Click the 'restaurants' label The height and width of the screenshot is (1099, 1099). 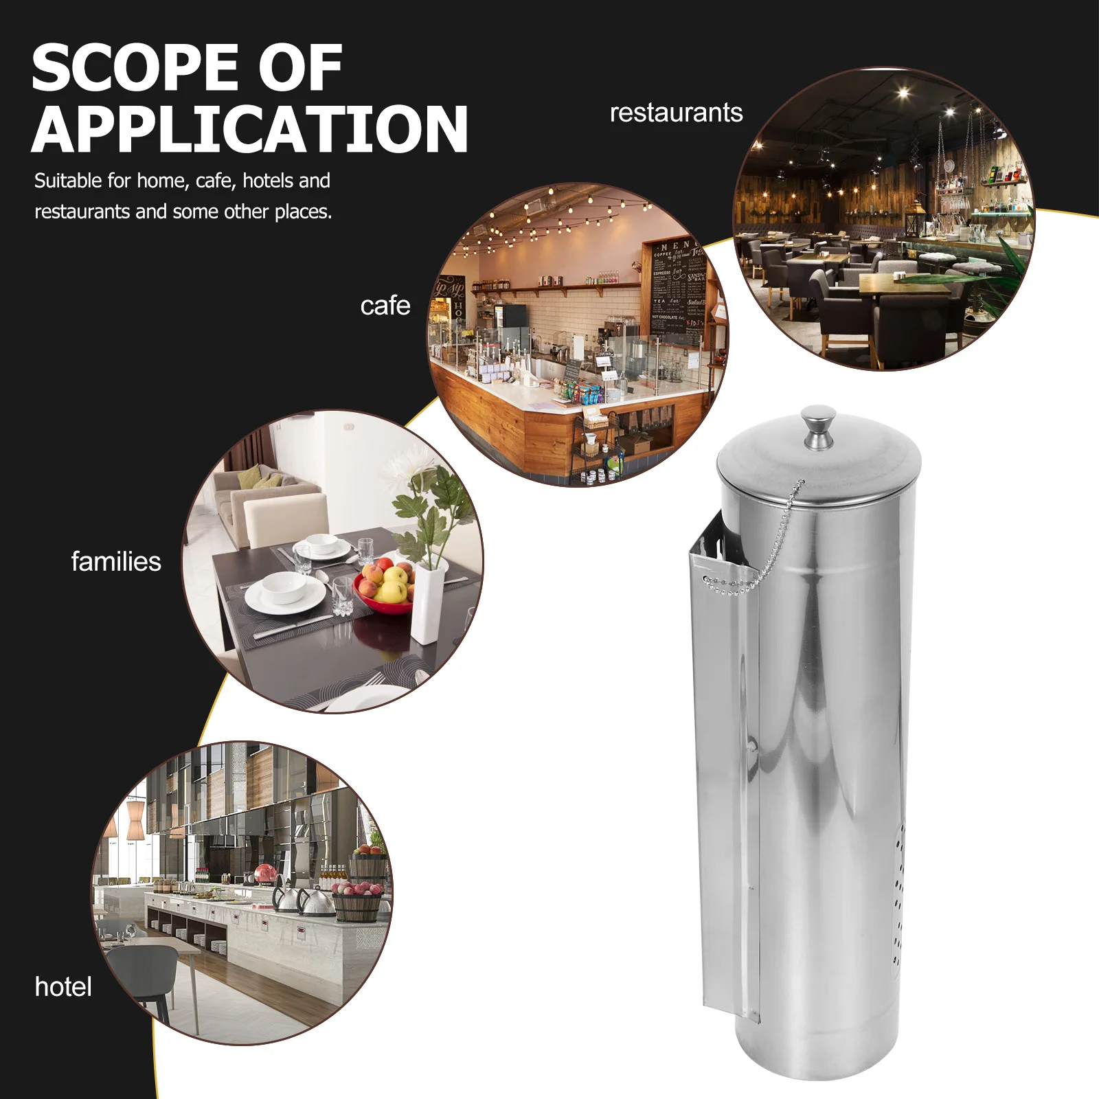pos(676,113)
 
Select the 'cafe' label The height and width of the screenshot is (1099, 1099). pos(385,306)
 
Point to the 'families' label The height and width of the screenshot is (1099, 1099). pos(116,562)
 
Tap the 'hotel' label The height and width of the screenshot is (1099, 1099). pos(63,987)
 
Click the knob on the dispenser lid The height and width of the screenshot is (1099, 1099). pos(818,426)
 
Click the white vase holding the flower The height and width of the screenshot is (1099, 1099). pos(427,604)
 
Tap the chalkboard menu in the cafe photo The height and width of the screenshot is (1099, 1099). pos(677,288)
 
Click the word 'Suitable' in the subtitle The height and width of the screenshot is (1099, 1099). pos(67,181)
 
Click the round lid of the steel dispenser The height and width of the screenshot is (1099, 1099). pos(818,467)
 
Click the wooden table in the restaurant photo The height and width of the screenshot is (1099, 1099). pos(900,283)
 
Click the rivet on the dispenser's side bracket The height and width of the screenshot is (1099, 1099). pos(754,743)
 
